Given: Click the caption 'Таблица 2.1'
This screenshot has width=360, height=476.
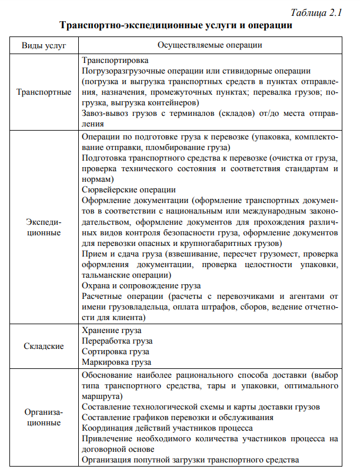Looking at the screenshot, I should click(x=316, y=13).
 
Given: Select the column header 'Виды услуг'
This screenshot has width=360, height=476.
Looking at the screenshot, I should click(x=44, y=45).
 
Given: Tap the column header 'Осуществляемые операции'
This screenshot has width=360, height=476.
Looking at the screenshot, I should click(x=210, y=45).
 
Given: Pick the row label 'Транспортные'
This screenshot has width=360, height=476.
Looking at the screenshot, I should click(x=44, y=92).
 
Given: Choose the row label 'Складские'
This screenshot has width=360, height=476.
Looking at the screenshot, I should click(x=44, y=346).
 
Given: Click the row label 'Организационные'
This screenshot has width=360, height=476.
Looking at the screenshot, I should click(x=44, y=417).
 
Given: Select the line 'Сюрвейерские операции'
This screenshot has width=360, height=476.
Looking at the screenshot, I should click(x=129, y=189).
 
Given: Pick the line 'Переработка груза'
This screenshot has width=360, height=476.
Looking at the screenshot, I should click(x=117, y=341).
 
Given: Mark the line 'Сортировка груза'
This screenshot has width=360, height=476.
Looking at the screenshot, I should click(x=115, y=351).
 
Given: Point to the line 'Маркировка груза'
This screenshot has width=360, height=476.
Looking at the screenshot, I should click(x=116, y=362).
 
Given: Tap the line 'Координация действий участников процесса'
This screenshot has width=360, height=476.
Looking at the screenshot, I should click(x=168, y=428).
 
